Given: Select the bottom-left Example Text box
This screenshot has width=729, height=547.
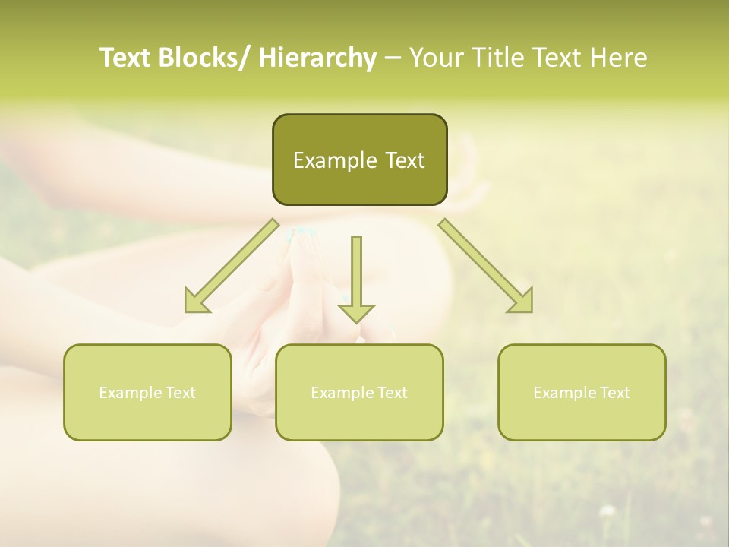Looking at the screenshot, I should [147, 392].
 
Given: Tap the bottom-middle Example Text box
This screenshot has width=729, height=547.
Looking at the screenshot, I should [359, 392].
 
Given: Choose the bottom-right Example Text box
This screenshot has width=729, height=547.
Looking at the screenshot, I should [582, 392].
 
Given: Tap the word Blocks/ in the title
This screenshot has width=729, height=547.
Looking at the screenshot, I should [203, 58].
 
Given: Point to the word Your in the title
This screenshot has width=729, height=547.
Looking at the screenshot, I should [435, 58].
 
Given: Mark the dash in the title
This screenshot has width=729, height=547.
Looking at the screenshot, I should [392, 58].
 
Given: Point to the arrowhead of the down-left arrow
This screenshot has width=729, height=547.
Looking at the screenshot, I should [196, 302].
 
